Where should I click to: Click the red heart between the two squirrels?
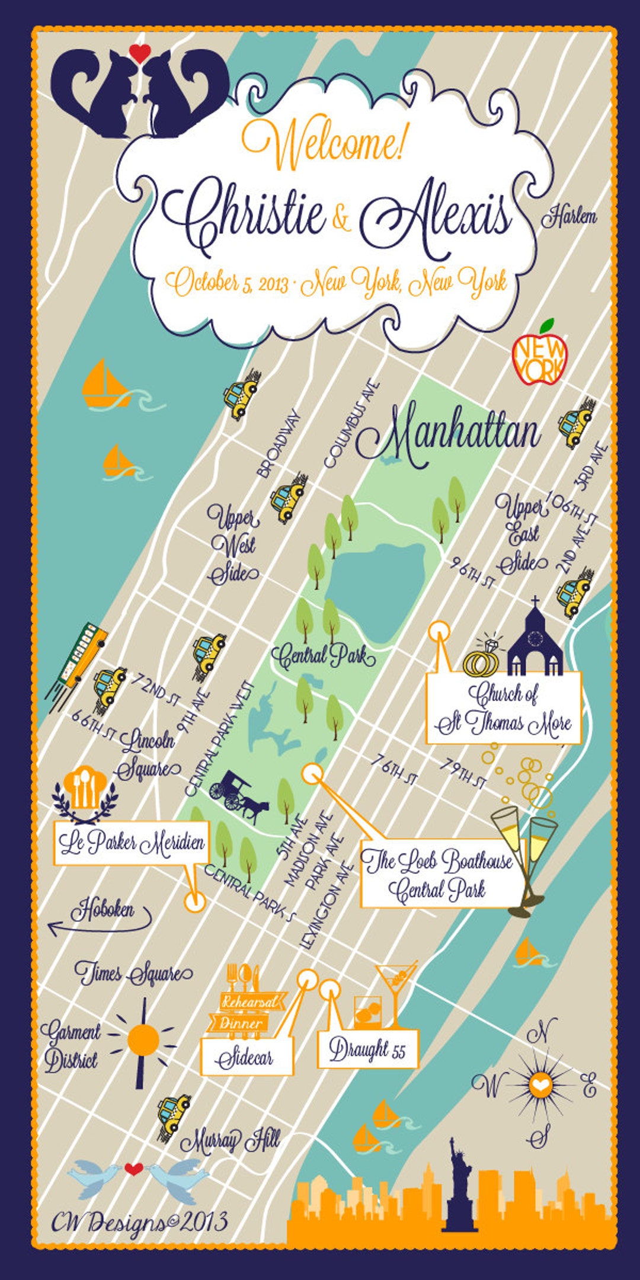click(x=140, y=53)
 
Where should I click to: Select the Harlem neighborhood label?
click(x=569, y=216)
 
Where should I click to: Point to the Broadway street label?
click(x=279, y=444)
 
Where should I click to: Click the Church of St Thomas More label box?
click(x=504, y=708)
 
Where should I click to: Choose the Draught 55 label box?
click(x=367, y=1049)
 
